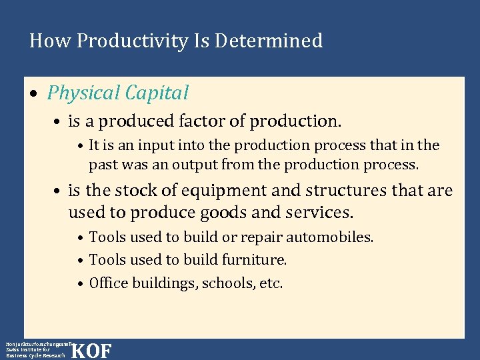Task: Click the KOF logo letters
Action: tap(91, 351)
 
